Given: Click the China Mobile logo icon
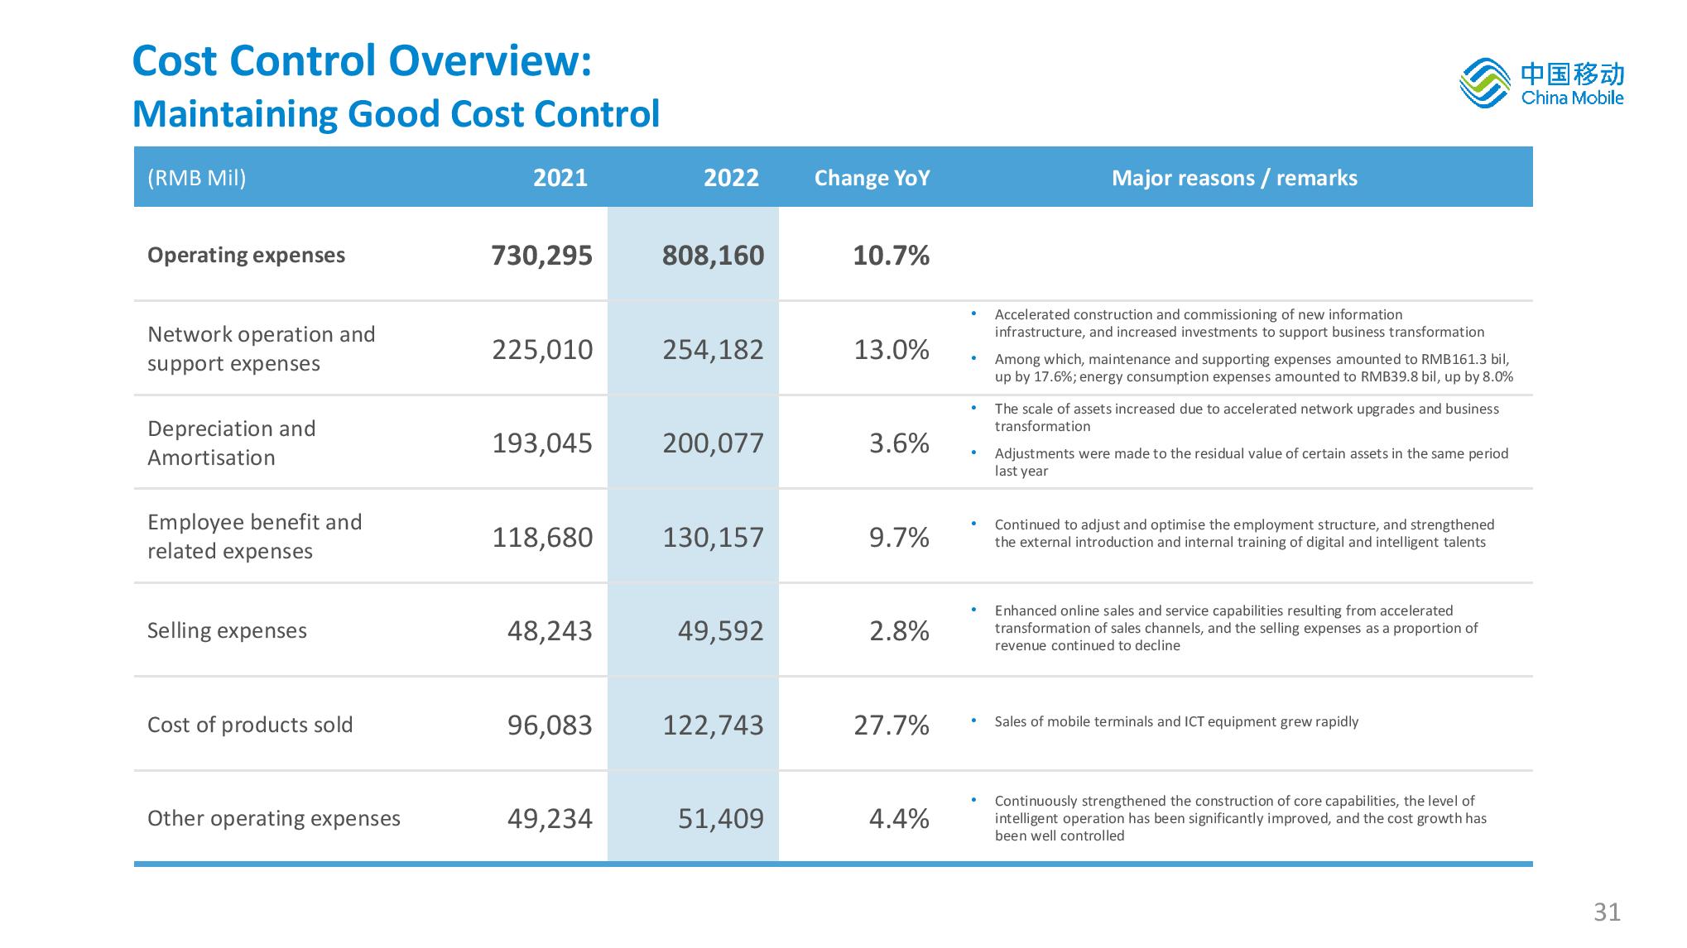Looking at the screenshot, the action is pos(1485,83).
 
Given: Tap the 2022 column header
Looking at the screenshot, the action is pos(731,178).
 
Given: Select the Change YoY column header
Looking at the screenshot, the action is pos(872,178).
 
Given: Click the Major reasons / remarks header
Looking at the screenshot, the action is pos(1234,178).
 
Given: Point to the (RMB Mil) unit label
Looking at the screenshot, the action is pos(197,178).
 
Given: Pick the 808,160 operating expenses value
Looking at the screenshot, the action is pos(713,256).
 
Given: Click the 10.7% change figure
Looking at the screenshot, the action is pos(891,256).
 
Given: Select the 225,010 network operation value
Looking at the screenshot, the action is pos(542,350).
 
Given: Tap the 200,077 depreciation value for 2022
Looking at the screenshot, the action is pos(713,443).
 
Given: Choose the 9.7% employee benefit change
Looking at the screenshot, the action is pos(899,538).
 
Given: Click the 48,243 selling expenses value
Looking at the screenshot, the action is pos(550,631).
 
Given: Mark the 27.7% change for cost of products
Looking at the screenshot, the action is pos(892,725).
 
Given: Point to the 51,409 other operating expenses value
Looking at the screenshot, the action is pos(720,819).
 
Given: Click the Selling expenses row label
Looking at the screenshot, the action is pos(227,631).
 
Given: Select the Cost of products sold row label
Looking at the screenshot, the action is pos(250,725).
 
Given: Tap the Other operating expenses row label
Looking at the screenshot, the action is pos(274,818).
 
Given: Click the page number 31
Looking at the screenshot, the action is pos(1607,912).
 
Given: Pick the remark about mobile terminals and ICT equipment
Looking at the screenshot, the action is pos(1176,721).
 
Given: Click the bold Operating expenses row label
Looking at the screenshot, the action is pos(246,255).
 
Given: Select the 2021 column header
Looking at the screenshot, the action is pos(560,178).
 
